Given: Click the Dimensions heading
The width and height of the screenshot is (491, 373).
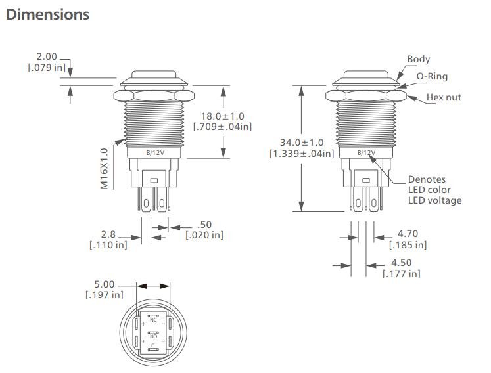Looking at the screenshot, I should [x=47, y=14].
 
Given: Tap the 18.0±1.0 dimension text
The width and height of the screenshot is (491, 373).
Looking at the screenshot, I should [x=223, y=116].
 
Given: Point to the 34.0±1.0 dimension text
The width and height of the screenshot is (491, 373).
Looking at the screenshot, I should [x=302, y=143].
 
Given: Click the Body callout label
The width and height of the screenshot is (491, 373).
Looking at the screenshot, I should [x=418, y=59].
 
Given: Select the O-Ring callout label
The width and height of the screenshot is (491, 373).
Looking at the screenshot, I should [x=432, y=76].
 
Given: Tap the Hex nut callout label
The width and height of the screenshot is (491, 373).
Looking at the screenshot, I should [x=444, y=97].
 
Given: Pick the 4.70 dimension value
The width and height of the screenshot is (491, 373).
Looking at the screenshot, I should [x=408, y=233].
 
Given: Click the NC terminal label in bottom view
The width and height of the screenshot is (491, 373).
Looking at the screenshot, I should [x=153, y=320].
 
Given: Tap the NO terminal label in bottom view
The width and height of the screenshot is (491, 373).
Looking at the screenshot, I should [x=153, y=336].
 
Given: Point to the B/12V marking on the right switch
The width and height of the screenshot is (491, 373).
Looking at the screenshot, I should [x=366, y=152].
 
